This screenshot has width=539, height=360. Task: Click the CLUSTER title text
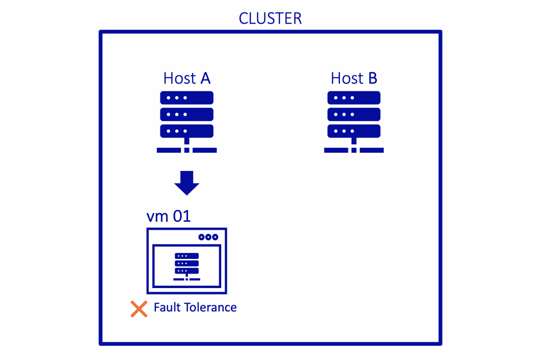tap(270, 19)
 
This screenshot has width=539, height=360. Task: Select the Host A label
tap(187, 78)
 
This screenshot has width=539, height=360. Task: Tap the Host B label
tap(354, 78)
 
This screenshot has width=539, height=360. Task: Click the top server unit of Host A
tap(187, 98)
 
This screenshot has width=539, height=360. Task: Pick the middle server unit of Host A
tap(187, 114)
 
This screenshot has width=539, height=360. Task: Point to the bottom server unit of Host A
tap(187, 131)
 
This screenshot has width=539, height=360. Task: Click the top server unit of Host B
tap(354, 98)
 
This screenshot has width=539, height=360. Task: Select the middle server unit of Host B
tap(354, 114)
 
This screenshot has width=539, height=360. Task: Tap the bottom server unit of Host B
tap(354, 131)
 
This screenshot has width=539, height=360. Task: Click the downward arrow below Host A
tap(187, 183)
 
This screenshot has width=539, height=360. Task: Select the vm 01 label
tap(168, 216)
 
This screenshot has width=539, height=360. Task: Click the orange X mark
tap(139, 309)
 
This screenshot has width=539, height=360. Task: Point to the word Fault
tap(167, 307)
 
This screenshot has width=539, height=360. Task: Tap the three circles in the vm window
tap(208, 237)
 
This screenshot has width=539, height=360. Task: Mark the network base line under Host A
tap(187, 150)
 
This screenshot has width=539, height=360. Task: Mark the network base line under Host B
tap(354, 150)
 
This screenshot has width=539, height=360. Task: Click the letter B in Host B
tap(372, 78)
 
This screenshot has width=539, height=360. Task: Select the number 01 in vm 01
tap(182, 216)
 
